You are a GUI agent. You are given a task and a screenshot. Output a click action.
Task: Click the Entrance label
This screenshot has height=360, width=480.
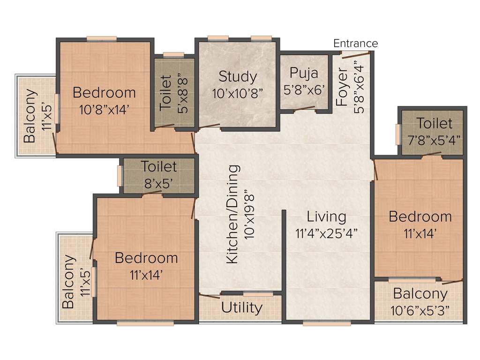(x=355, y=44)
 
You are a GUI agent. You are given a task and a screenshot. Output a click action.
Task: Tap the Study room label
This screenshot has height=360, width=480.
(x=238, y=76)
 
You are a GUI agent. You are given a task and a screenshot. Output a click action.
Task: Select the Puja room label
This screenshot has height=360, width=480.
(x=304, y=73)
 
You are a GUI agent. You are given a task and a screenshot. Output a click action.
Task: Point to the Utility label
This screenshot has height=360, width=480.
(x=241, y=308)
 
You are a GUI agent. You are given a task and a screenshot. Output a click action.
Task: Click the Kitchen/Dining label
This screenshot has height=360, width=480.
(x=232, y=214)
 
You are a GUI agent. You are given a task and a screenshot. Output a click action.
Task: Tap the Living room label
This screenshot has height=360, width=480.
(x=326, y=217)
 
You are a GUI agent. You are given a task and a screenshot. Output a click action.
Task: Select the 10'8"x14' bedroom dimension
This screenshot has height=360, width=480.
(x=104, y=110)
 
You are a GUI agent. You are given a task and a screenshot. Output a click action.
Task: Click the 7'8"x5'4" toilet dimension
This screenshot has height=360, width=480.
(x=435, y=140)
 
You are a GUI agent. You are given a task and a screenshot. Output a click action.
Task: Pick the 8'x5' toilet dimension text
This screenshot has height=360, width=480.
(x=159, y=183)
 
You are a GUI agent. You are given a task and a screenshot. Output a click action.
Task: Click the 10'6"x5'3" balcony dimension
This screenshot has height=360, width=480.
(x=420, y=310)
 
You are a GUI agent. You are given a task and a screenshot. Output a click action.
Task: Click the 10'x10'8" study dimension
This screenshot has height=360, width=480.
(x=238, y=93)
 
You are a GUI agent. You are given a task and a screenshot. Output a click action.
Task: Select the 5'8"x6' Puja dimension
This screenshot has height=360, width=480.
(x=304, y=90)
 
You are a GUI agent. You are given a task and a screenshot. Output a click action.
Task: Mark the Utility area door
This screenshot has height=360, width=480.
(x=210, y=295)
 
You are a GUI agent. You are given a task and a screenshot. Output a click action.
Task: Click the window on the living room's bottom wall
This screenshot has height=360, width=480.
(x=320, y=322)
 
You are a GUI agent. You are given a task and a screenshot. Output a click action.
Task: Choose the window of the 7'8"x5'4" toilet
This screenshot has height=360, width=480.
(x=398, y=135)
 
